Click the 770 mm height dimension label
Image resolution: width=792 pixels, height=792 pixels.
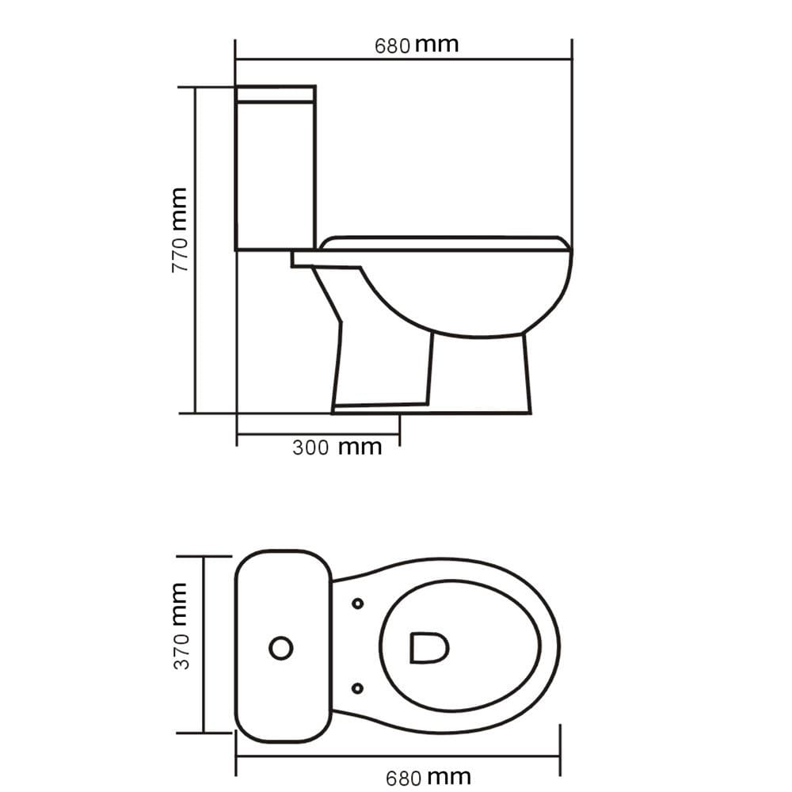pyautogui.click(x=180, y=230)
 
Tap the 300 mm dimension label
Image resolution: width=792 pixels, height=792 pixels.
pyautogui.click(x=337, y=447)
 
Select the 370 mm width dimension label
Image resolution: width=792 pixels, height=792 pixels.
pyautogui.click(x=181, y=626)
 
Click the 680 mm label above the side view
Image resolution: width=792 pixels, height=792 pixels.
pyautogui.click(x=417, y=45)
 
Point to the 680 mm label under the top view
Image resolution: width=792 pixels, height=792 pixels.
pyautogui.click(x=428, y=778)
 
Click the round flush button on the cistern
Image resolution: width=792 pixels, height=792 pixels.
pyautogui.click(x=281, y=648)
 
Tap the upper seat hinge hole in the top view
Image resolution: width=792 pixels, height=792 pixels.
pyautogui.click(x=358, y=603)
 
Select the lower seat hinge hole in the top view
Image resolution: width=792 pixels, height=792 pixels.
pyautogui.click(x=358, y=688)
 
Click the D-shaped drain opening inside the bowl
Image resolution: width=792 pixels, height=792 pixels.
pyautogui.click(x=429, y=648)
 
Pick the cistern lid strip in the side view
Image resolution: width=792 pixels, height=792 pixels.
pyautogui.click(x=276, y=94)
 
